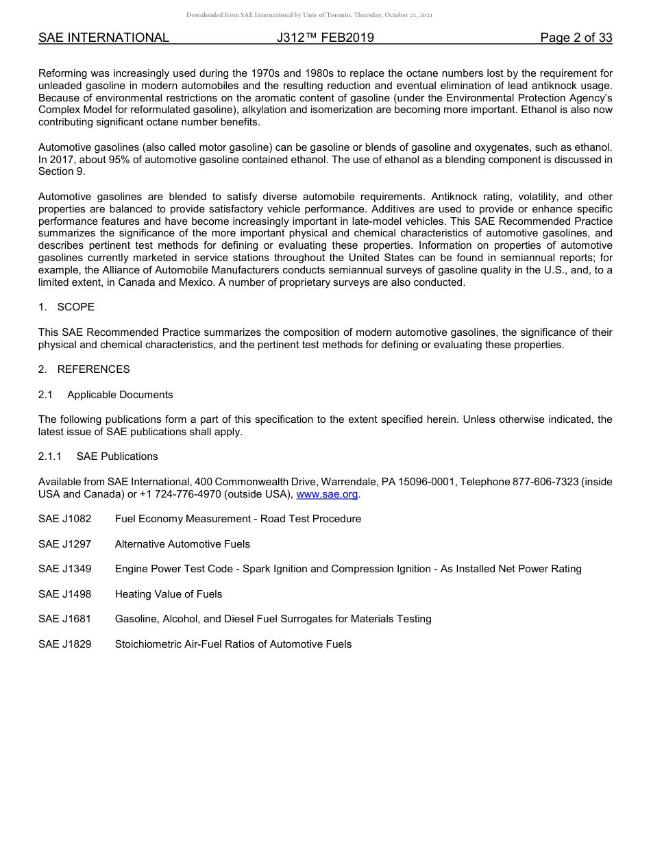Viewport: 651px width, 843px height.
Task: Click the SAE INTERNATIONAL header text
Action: [x=103, y=38]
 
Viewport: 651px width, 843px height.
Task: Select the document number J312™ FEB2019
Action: [x=325, y=38]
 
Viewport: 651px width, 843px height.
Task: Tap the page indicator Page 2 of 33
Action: [x=576, y=38]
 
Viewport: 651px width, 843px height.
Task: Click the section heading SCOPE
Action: [x=75, y=307]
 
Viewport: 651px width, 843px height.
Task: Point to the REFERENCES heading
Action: [x=93, y=369]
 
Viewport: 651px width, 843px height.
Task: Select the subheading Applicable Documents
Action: [x=120, y=395]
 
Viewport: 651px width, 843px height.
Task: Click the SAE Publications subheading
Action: [x=117, y=456]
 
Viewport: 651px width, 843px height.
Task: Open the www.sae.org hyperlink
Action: [x=327, y=494]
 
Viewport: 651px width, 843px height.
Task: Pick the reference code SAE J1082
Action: [x=65, y=519]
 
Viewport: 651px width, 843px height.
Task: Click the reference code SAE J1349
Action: [x=65, y=569]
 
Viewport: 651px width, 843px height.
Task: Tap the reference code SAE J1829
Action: [x=65, y=644]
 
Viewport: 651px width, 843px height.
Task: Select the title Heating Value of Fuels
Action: [x=169, y=594]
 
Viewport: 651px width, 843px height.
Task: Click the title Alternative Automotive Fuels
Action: [x=182, y=544]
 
